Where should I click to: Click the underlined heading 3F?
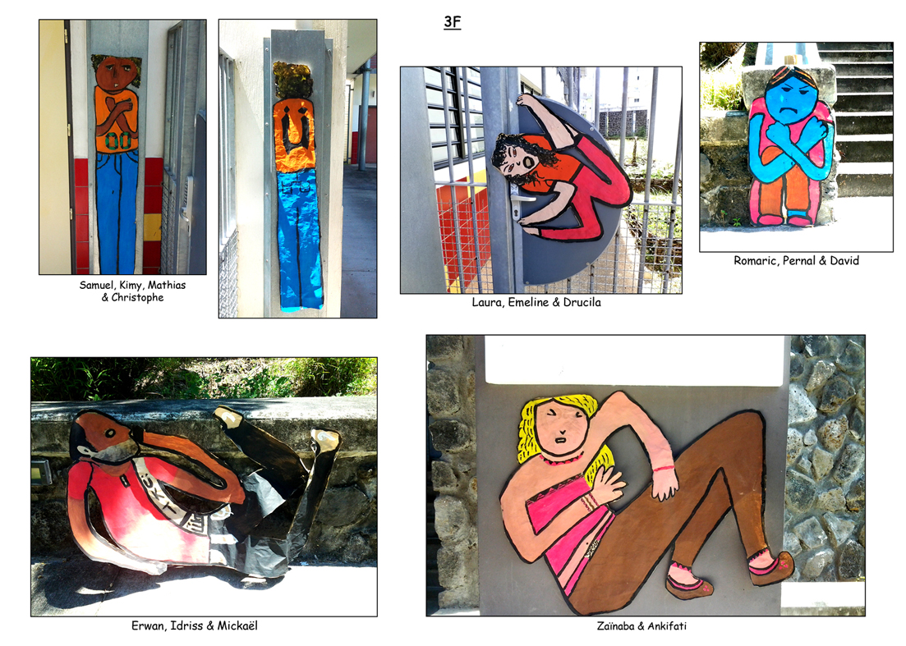coord(453,22)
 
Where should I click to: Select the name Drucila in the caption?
coord(582,303)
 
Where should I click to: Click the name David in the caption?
coord(844,261)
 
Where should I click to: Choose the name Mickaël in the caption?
coord(237,625)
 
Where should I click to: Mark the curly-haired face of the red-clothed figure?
coord(513,159)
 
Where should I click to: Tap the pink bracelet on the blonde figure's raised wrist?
coord(665,469)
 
